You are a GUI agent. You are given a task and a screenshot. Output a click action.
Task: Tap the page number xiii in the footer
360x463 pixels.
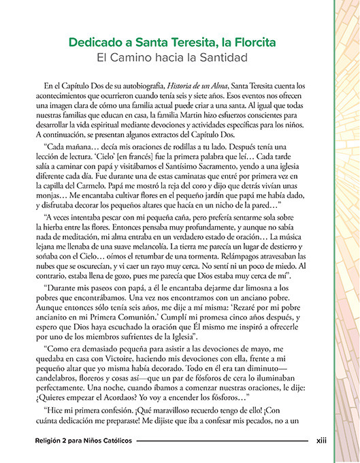click(x=321, y=441)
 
